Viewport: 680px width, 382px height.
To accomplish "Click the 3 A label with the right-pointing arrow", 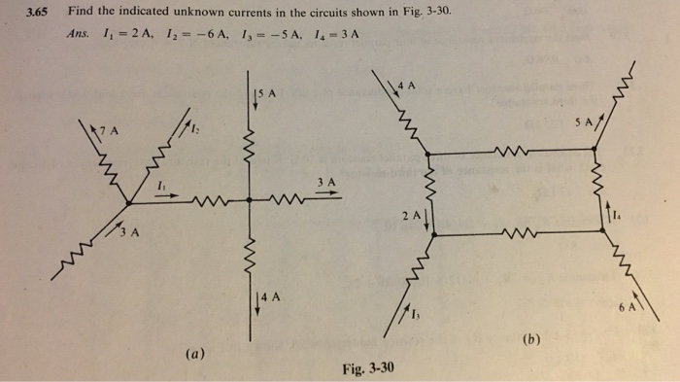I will (325, 182).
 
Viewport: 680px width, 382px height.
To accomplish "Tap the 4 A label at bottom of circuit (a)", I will (267, 298).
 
